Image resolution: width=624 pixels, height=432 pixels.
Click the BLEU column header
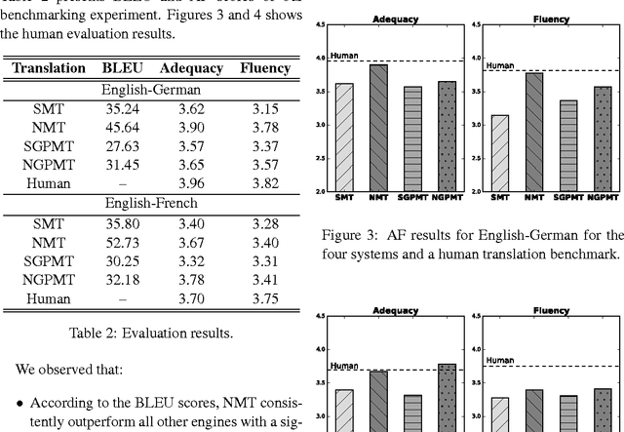122,68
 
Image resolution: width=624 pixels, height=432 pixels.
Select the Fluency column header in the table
264,68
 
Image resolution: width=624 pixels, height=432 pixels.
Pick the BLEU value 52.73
122,242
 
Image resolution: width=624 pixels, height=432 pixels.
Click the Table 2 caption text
151,333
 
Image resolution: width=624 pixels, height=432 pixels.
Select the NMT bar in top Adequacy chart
377,128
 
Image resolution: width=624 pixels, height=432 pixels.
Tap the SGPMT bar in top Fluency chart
567,145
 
